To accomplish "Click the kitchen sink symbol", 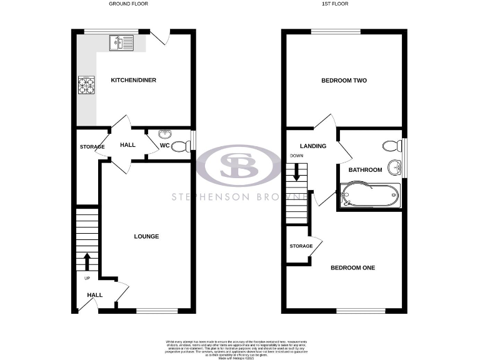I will click(121, 42).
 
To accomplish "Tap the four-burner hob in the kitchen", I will click(86, 85).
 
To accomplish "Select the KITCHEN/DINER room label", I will click(133, 81).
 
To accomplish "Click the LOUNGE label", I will click(146, 236).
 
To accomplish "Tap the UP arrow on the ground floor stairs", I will click(86, 261).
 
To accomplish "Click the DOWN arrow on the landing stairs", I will click(296, 172).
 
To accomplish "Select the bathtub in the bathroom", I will click(369, 196).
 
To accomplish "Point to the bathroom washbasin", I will click(394, 167).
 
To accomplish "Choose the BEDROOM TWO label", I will click(344, 81).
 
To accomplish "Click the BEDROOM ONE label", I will click(352, 268).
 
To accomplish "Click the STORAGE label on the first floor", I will click(301, 246).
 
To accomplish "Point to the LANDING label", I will click(313, 146).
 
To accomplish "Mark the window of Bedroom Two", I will click(335, 31).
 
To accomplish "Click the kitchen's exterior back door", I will click(159, 37).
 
